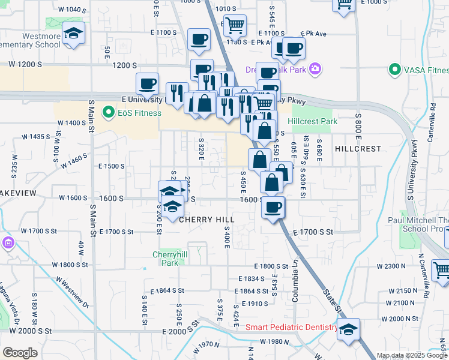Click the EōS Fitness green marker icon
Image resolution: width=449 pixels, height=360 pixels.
108,112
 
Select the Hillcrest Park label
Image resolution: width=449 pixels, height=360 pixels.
312,121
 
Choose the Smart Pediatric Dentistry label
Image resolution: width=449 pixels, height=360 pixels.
292,327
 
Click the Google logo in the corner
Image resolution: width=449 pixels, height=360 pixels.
20,353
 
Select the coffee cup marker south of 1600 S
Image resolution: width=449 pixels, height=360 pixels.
273,208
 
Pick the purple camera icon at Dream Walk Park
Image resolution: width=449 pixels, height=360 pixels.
315,70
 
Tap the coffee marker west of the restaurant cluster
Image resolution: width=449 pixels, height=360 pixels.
147,84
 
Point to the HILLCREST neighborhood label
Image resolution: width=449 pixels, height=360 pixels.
358,148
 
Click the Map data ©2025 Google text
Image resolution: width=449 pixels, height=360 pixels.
411,355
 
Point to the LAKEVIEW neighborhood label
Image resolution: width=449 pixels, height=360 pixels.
18,193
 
